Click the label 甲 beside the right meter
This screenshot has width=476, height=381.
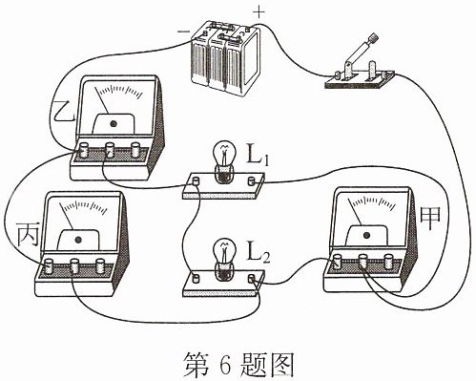430,219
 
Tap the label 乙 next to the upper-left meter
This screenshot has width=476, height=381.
64,112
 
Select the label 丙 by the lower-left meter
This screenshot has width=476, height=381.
28,235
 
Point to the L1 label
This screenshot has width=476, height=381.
259,157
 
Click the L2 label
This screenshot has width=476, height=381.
259,254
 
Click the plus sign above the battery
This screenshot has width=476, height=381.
259,12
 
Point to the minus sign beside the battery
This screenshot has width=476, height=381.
183,32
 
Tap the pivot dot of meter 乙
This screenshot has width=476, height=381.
113,124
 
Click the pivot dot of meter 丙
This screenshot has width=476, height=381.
77,240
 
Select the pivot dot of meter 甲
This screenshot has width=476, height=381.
366,235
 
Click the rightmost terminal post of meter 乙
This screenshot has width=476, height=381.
135,150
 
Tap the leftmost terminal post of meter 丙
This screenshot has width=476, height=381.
49,266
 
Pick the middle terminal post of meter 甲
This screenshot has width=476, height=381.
362,262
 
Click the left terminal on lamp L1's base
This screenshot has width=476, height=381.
196,181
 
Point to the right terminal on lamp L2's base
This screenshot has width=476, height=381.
252,279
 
